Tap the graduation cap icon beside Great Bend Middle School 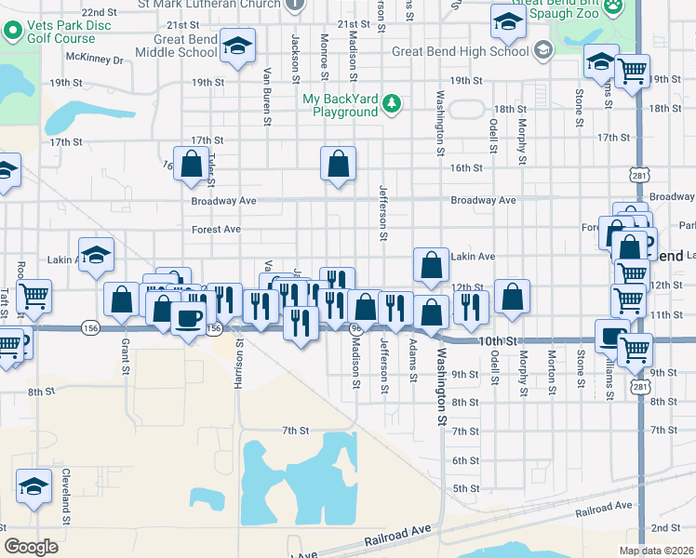237,45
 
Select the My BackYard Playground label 340,105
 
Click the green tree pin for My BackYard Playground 393,103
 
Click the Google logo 31,547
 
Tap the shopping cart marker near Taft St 33,296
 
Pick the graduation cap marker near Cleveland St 33,486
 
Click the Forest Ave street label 216,229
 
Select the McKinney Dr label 101,60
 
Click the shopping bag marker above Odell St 513,298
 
